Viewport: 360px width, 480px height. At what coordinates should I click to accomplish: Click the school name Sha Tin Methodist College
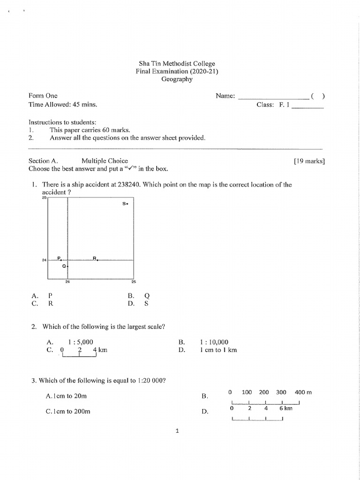click(177, 64)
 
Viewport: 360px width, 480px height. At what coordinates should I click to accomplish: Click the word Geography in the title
click(177, 79)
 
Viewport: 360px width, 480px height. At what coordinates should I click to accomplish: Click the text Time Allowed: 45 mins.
click(63, 105)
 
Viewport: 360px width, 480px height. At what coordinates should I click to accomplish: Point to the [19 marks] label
click(309, 161)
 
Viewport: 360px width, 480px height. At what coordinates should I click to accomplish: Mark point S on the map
click(127, 204)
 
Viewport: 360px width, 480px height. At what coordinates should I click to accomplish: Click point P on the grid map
click(60, 259)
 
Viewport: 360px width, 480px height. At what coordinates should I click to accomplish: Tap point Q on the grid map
click(67, 266)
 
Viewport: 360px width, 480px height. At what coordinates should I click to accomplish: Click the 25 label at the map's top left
click(44, 198)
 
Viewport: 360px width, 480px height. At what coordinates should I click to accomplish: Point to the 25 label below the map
click(134, 282)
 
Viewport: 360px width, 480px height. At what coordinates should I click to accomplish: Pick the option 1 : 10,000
click(214, 342)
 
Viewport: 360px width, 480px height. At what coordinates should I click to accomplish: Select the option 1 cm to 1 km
click(218, 350)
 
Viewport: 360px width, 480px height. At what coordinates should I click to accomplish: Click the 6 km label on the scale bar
click(285, 408)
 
